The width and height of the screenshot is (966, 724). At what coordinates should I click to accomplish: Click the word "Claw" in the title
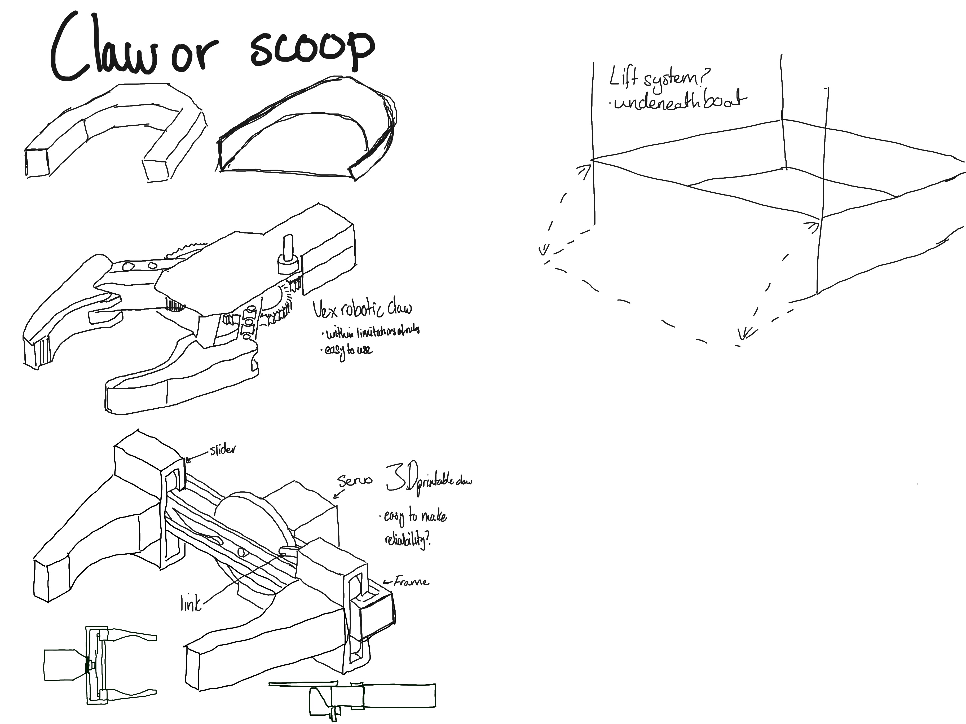[103, 48]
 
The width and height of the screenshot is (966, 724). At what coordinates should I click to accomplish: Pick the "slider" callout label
[223, 449]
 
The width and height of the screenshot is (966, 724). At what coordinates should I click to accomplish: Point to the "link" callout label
[190, 604]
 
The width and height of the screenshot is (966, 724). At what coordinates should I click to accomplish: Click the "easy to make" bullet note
[415, 516]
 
